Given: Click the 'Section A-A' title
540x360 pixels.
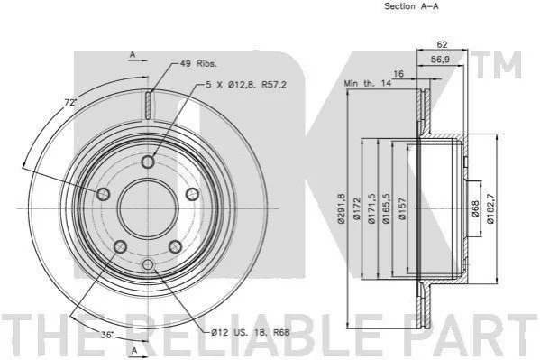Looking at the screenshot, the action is click(x=411, y=6).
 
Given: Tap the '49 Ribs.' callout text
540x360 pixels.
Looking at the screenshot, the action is click(x=198, y=63).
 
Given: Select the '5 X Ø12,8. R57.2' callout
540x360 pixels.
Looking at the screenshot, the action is click(x=246, y=85).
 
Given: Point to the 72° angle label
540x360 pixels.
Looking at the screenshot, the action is click(x=70, y=103).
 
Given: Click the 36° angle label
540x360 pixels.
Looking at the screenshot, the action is click(x=107, y=334).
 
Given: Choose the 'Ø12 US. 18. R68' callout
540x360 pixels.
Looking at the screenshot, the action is click(x=251, y=332).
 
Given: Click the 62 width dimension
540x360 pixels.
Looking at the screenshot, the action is click(x=442, y=44).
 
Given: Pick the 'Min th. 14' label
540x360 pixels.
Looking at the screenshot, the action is click(x=368, y=83).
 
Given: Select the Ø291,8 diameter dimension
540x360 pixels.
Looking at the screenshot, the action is click(x=342, y=208).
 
